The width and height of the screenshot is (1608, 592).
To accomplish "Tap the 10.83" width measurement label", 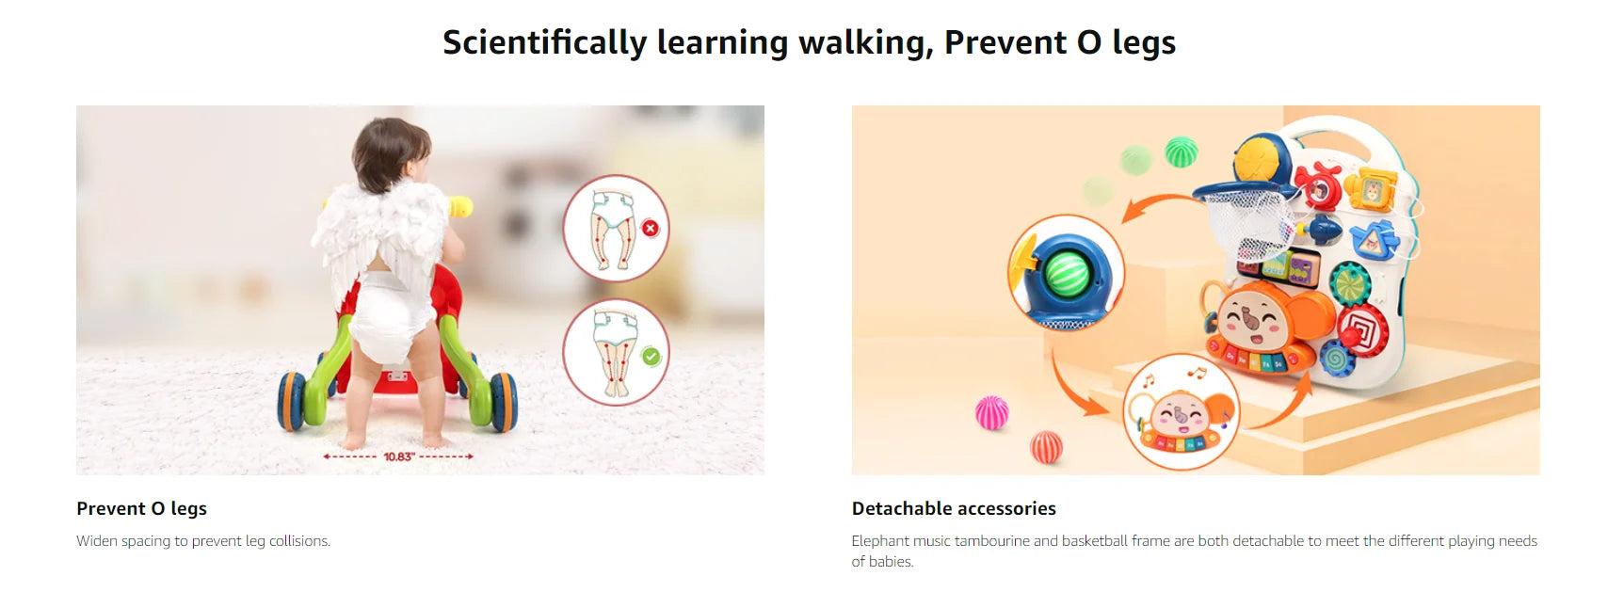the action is click(x=399, y=456).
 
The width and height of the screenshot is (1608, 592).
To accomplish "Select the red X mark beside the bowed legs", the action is click(x=650, y=228).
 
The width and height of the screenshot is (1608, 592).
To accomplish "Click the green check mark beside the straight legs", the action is click(x=651, y=356).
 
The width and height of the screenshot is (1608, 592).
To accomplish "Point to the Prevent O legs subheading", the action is click(x=141, y=509).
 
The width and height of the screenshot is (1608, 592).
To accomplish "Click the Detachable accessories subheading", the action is click(x=954, y=509).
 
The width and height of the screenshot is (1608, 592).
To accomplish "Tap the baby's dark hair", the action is click(x=389, y=152).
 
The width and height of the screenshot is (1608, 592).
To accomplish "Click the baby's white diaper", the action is click(x=389, y=315).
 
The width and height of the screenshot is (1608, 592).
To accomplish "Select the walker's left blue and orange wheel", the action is click(x=292, y=401).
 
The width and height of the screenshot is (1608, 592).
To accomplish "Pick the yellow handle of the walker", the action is click(x=460, y=207).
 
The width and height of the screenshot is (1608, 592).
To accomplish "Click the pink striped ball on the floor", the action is click(x=991, y=413).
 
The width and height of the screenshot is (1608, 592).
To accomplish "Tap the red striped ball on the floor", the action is click(x=1047, y=447).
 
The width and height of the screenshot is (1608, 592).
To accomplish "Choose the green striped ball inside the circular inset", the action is click(x=1068, y=273).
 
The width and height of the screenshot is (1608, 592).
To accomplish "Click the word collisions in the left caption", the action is click(x=299, y=541).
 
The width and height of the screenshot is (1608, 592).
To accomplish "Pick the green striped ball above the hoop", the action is click(x=1181, y=152).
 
